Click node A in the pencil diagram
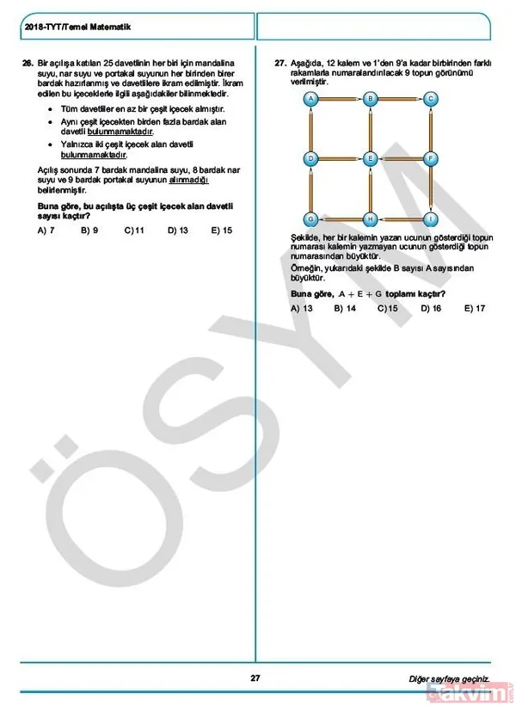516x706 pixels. [310, 100]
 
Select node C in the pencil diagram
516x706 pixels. [430, 100]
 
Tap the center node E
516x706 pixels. [371, 158]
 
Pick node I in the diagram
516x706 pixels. [430, 218]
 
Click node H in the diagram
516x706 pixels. [371, 218]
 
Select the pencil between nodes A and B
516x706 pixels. [341, 100]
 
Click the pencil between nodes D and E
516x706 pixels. [341, 158]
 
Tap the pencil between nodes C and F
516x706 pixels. [430, 129]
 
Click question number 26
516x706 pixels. [28, 64]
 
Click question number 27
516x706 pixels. [279, 64]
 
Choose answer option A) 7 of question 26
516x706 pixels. [46, 230]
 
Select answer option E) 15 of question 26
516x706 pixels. [222, 230]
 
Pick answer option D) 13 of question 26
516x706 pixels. [178, 230]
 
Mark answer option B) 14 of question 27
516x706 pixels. [345, 308]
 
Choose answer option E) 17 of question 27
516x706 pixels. [475, 308]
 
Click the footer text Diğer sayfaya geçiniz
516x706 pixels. [449, 678]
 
